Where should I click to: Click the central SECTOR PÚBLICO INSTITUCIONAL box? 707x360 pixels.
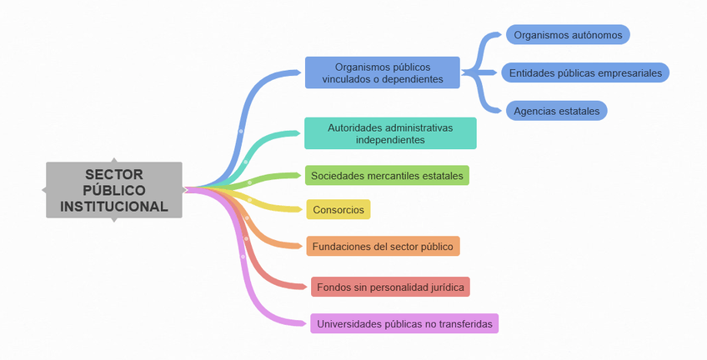(x=113, y=190)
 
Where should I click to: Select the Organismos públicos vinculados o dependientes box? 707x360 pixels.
(x=382, y=72)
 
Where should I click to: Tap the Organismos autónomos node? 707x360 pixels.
(x=568, y=35)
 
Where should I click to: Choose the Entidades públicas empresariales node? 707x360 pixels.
(x=586, y=72)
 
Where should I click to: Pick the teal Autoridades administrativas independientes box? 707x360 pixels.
(x=390, y=133)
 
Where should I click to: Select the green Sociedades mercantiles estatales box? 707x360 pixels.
(x=387, y=175)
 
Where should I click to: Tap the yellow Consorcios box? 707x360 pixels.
(x=338, y=210)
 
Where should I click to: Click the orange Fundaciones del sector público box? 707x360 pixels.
(x=383, y=247)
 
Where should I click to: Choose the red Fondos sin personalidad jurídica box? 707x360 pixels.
(x=390, y=287)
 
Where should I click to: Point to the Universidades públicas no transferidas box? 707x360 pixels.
(x=404, y=323)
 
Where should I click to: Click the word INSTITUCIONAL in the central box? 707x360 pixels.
(x=114, y=206)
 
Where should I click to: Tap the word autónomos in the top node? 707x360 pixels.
(x=596, y=35)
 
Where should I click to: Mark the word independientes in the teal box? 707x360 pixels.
(x=390, y=140)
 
